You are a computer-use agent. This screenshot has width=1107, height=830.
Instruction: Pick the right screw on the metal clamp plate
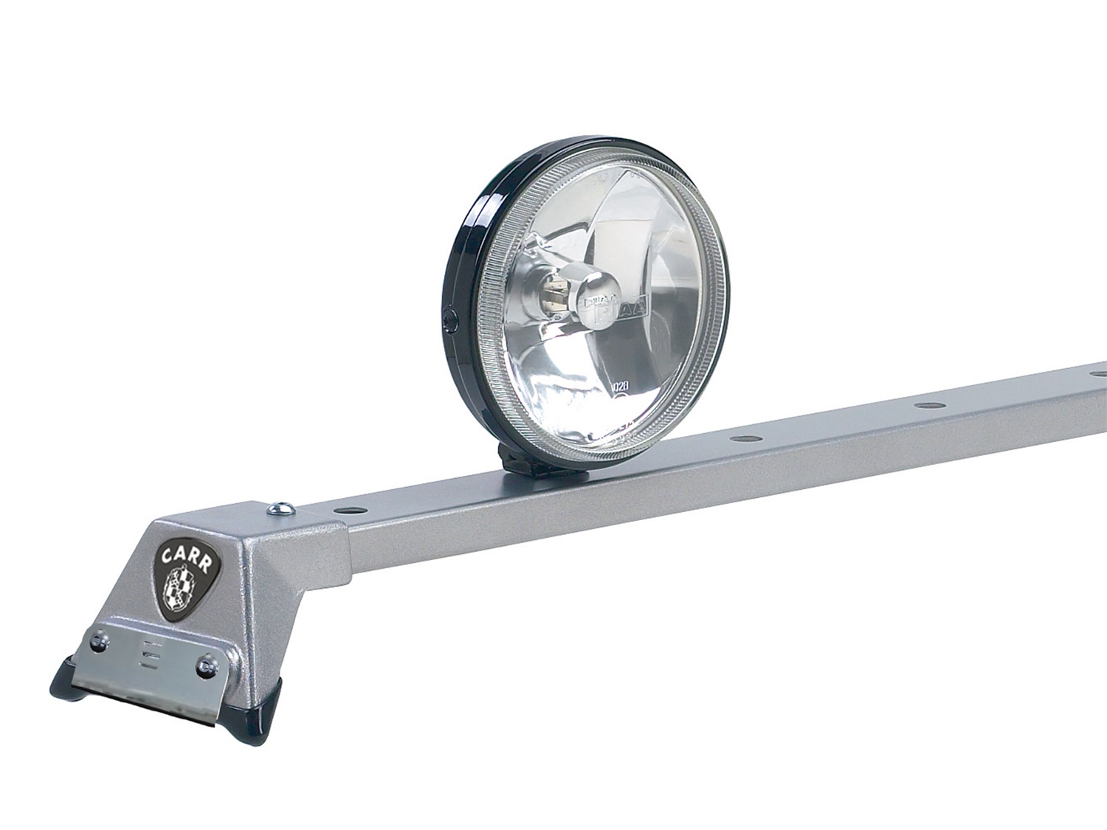204,667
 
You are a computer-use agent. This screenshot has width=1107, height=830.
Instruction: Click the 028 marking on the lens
621,384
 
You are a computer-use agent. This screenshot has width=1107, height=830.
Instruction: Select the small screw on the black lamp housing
452,320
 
